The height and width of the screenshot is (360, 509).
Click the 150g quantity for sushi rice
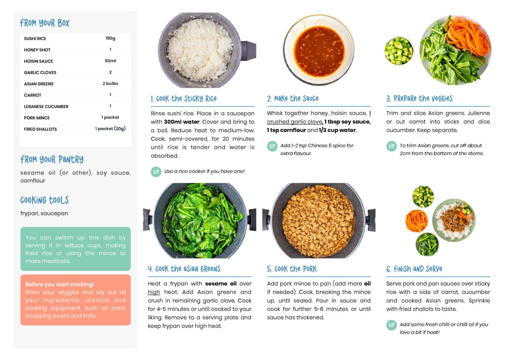pos(110,38)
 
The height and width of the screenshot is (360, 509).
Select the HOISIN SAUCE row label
pos(38,61)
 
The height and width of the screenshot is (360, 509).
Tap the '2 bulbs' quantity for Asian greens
pos(110,83)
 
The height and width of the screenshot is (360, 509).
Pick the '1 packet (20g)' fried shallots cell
pos(110,128)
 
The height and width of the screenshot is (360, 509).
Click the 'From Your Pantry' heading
pos(52,160)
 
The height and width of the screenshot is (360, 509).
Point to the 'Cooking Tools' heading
pos(45,200)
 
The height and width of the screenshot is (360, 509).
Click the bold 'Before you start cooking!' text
pos(59,284)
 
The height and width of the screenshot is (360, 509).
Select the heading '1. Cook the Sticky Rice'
pos(184,99)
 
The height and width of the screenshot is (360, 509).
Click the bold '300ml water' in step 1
pos(181,122)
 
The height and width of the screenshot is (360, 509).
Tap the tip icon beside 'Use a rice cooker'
pos(156,172)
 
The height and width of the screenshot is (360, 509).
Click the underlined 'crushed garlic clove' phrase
pos(295,122)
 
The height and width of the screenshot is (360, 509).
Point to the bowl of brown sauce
pos(319,50)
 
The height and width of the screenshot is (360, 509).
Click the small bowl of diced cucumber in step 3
pos(399,51)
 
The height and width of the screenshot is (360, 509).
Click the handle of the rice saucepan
pos(249,51)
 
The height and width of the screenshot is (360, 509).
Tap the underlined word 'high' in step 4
pos(154,292)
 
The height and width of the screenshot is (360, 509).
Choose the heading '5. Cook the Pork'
pos(292,269)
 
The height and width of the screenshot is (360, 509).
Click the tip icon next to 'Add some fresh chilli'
pos(391,325)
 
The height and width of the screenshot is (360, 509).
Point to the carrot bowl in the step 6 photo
pos(416,221)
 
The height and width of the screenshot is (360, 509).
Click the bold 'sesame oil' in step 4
pos(221,284)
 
